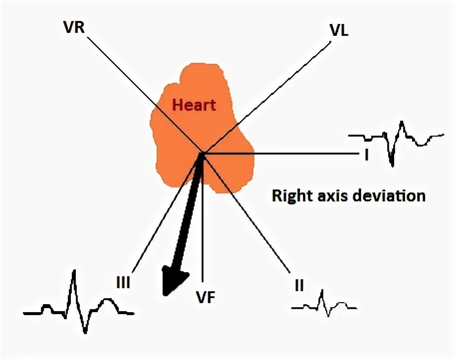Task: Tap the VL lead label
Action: coord(339,30)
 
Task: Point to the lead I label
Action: coord(366,156)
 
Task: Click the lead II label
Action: coord(299,285)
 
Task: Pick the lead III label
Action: coord(123,283)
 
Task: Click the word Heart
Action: coord(194,105)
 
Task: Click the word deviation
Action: coord(389,195)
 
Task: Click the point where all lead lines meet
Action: coord(202,153)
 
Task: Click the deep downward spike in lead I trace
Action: coord(392,160)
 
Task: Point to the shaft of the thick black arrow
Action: coord(190,214)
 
